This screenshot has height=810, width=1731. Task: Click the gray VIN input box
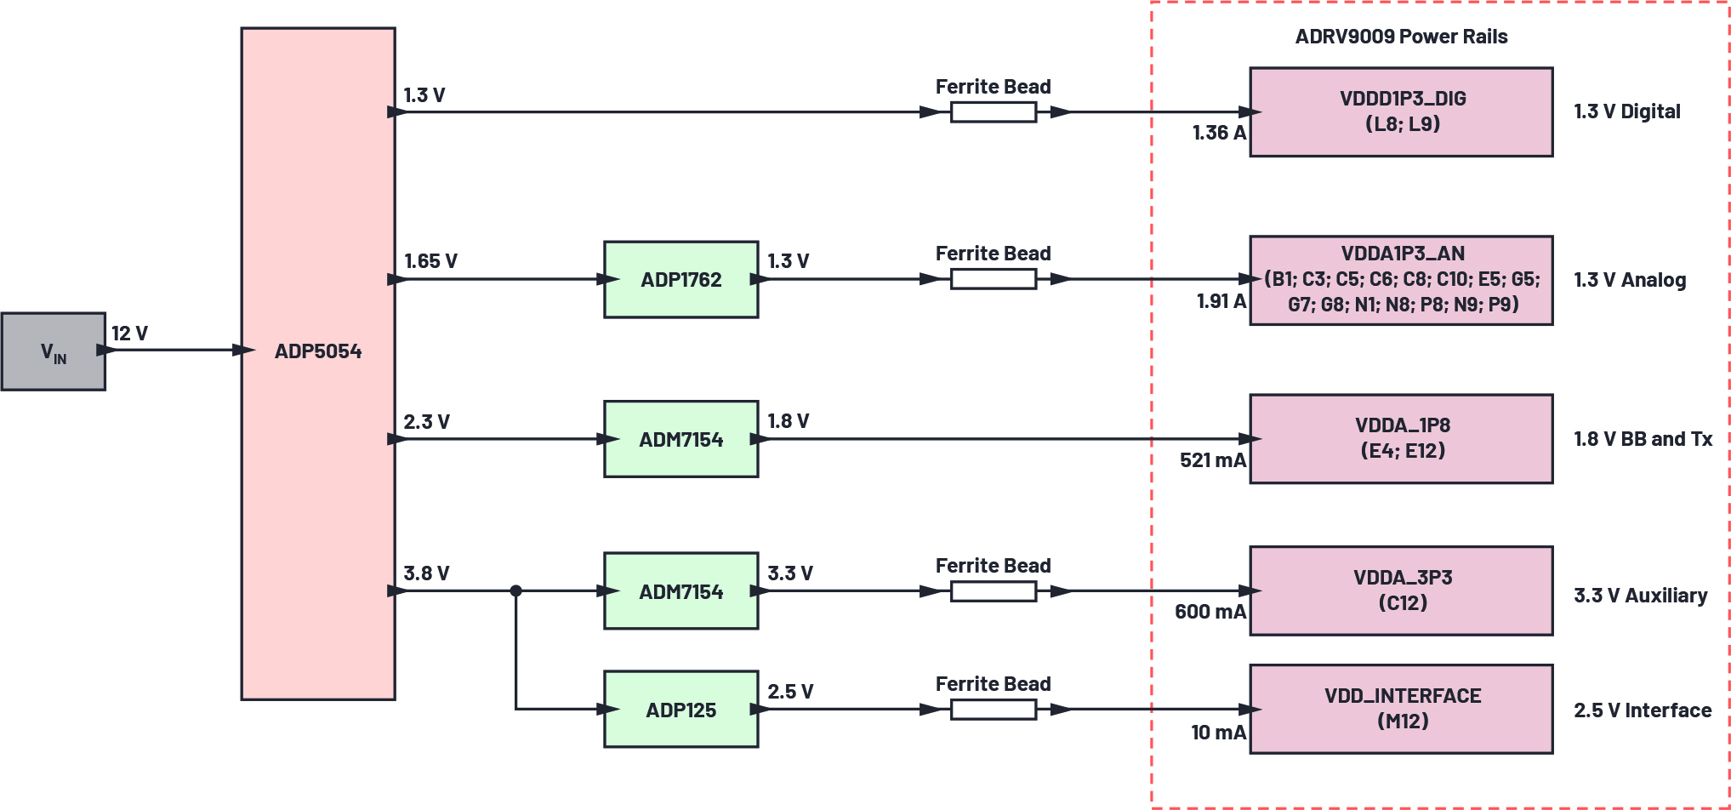[x=53, y=351]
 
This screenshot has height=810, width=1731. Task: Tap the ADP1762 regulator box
[x=680, y=279]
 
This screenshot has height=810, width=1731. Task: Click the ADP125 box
[x=680, y=709]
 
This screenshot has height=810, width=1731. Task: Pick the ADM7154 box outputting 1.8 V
[x=680, y=439]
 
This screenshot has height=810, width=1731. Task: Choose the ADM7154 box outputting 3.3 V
[x=680, y=590]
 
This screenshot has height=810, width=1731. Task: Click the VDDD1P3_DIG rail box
[x=1401, y=111]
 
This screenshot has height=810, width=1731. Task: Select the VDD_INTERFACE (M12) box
[x=1401, y=708]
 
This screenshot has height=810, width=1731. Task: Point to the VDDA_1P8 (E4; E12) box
[x=1401, y=438]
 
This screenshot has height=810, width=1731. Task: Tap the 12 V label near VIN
[x=129, y=334]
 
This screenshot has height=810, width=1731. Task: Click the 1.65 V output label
[x=430, y=261]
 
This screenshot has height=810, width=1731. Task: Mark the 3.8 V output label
[x=426, y=573]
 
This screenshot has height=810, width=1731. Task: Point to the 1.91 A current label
[x=1221, y=301]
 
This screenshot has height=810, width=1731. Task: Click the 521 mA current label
[x=1212, y=460]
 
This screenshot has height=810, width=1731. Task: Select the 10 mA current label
[x=1218, y=733]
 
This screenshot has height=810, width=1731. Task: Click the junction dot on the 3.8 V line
[x=515, y=590]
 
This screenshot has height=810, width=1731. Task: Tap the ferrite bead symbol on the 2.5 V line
[x=993, y=709]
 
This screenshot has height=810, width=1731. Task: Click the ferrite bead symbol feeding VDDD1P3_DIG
[x=993, y=111]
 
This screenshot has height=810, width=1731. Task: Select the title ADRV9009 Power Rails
[x=1401, y=37]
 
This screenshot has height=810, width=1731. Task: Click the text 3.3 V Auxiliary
[x=1640, y=596]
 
